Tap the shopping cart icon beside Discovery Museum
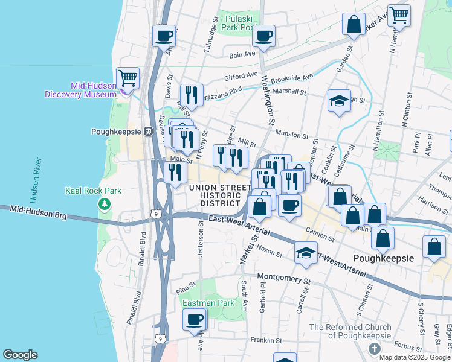[x=128, y=78]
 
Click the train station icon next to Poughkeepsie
[x=147, y=131]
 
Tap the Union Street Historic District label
[x=219, y=195]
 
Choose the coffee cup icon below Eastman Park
[x=195, y=319]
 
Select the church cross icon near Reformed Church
[x=374, y=349]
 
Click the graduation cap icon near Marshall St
[x=339, y=100]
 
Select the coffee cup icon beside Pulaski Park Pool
[x=263, y=36]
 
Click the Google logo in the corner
[x=20, y=355]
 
